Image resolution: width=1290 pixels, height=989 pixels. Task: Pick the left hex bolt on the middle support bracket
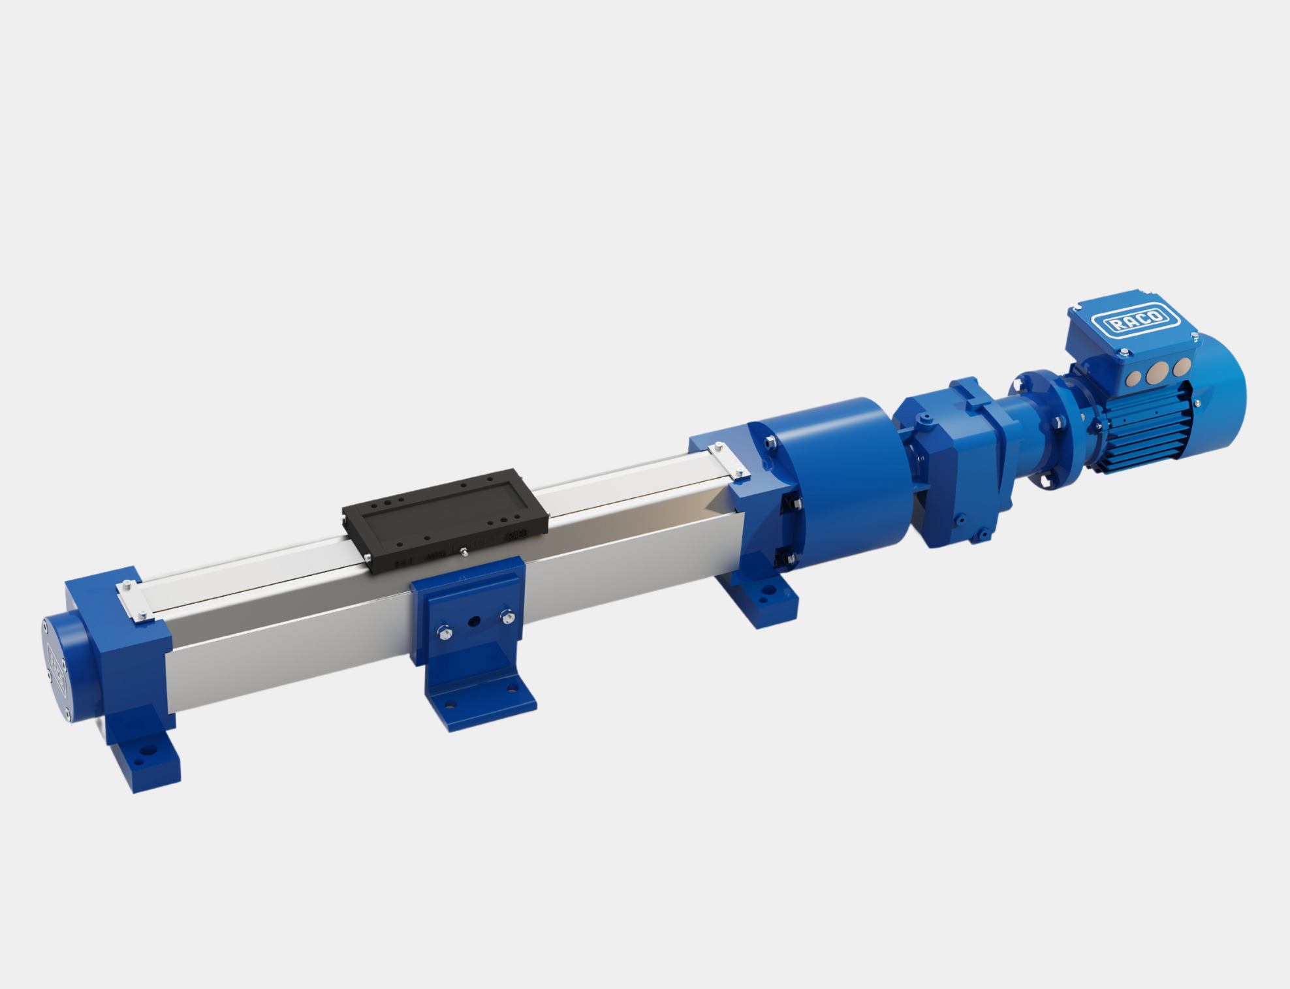click(444, 630)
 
